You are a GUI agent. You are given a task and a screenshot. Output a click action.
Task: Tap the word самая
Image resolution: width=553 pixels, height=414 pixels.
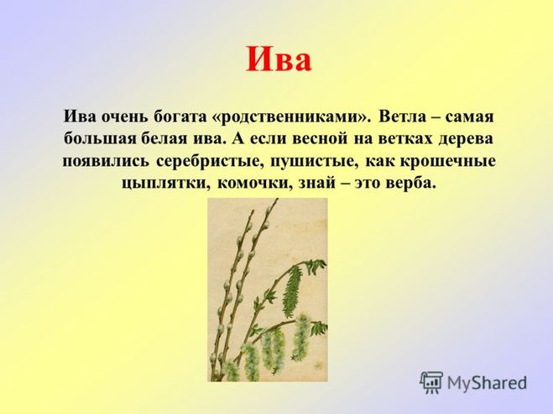click(x=469, y=117)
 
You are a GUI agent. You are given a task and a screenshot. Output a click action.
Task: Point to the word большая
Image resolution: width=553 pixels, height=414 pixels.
click(x=100, y=138)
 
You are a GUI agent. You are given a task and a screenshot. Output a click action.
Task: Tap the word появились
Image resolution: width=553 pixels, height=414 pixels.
click(x=106, y=162)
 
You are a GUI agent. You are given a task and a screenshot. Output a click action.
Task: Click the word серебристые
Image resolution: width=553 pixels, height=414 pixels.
click(x=210, y=162)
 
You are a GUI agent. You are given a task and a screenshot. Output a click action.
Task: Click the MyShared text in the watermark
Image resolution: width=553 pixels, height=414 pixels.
click(x=487, y=383)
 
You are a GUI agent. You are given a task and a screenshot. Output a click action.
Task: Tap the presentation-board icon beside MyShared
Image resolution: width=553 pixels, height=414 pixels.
click(x=431, y=382)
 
